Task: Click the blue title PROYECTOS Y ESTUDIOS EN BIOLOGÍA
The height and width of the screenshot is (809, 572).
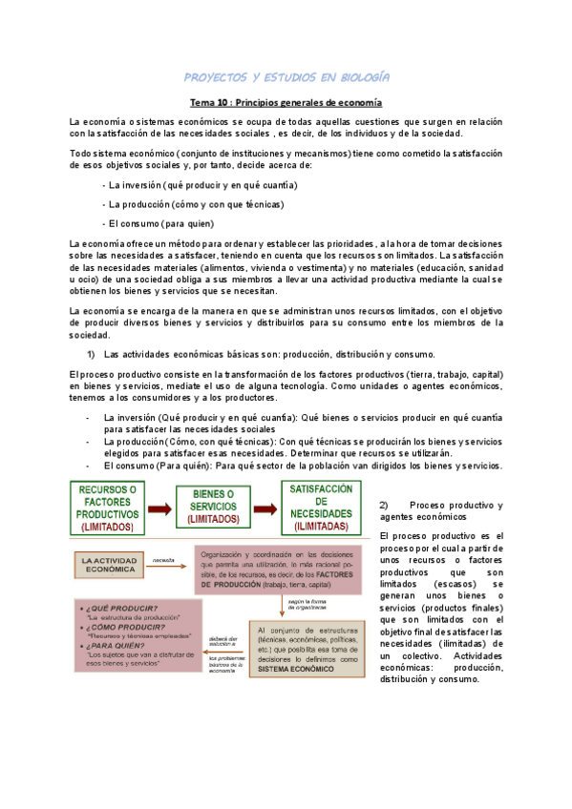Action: coord(286,76)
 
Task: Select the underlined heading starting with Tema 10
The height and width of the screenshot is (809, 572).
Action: coord(286,102)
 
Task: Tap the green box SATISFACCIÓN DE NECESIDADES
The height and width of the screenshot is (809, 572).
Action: coord(321,507)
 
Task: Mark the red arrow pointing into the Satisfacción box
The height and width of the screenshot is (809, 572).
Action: coord(265,507)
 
